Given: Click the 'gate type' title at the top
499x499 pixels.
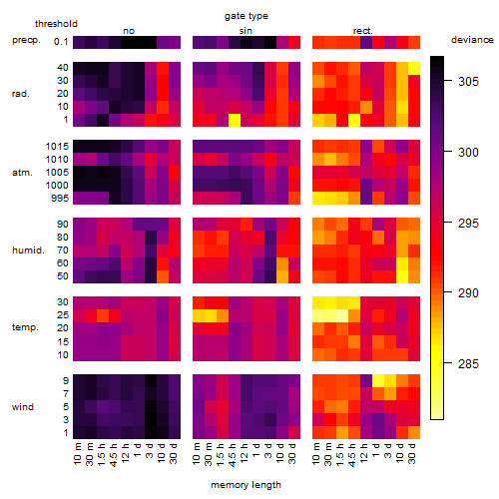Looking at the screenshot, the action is pos(247,16).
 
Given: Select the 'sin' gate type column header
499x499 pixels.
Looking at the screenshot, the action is pos(246,31).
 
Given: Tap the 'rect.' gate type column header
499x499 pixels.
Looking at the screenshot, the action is pos(363,31).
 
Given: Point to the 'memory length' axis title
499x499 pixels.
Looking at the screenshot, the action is pos(246,485).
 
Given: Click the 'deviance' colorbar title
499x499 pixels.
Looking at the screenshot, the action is pos(472,40).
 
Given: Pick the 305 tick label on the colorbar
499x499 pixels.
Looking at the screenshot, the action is pos(468,82).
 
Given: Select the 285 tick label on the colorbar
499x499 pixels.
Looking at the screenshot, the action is pos(468,364).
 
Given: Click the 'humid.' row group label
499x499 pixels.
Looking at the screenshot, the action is pos(28,250).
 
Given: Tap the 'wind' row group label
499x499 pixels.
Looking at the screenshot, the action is pos(23,407).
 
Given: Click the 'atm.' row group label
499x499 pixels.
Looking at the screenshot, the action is pos(22,173).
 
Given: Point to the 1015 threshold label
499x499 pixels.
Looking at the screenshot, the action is pos(57,147).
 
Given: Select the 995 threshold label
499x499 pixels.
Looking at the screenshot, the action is pos(60,199).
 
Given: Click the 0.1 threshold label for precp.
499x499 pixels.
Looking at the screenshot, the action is pos(61,42).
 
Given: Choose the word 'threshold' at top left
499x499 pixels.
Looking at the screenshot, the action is pos(56,24).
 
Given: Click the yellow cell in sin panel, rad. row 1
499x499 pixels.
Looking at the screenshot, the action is pos(235,120).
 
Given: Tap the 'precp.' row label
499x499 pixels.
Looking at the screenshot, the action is pos(26,40).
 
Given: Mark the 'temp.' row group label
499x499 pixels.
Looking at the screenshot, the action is pos(25,327).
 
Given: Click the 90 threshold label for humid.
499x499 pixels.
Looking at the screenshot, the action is pos(63,225).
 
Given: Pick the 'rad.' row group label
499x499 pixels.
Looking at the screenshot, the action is pos(21,94).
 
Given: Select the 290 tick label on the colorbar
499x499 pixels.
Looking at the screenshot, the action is pos(468,293).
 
